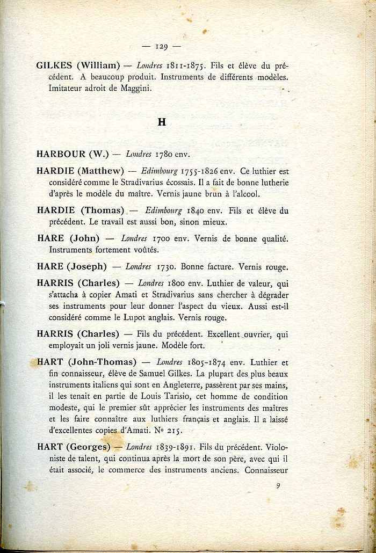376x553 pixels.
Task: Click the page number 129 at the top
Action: [161, 46]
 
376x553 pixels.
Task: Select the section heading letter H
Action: [162, 122]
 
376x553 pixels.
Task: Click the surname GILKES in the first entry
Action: [54, 66]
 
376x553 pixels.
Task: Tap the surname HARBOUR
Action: [61, 154]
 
